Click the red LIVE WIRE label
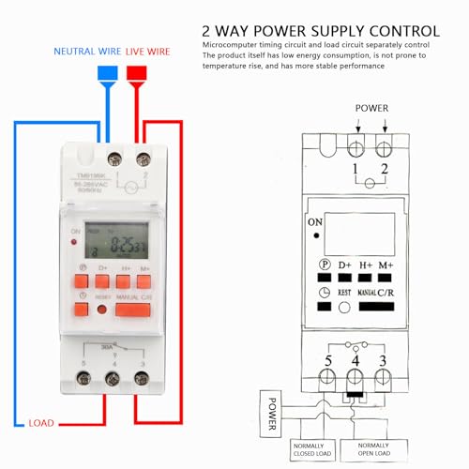point(147,51)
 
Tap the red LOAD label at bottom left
point(41,422)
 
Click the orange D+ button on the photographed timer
point(102,279)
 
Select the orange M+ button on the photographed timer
point(144,279)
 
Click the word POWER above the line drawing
point(371,108)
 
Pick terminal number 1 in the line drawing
point(356,169)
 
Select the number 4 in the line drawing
point(356,359)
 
